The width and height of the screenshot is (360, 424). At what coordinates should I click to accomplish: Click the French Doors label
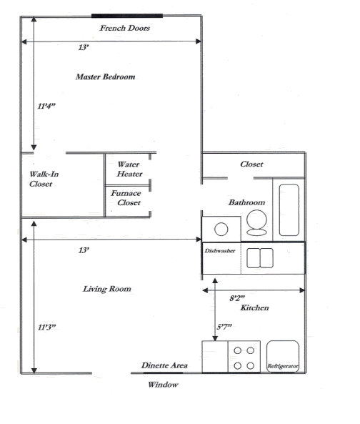(x=124, y=28)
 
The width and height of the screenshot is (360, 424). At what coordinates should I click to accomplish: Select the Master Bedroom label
(x=105, y=77)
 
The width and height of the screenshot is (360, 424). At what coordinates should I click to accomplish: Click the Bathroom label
(x=246, y=202)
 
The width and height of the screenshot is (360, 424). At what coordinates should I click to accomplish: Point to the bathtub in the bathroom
(x=289, y=209)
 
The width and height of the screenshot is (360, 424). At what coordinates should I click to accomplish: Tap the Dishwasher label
(x=219, y=252)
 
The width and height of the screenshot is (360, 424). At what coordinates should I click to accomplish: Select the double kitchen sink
(x=260, y=257)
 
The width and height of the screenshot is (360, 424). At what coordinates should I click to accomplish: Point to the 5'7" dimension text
(x=225, y=327)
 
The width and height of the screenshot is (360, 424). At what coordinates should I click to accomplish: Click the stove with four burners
(x=244, y=357)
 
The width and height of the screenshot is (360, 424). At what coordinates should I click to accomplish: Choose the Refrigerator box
(x=282, y=357)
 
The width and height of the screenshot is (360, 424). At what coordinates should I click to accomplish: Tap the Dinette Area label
(x=164, y=365)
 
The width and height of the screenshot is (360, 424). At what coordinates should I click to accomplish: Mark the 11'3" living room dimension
(x=47, y=327)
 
